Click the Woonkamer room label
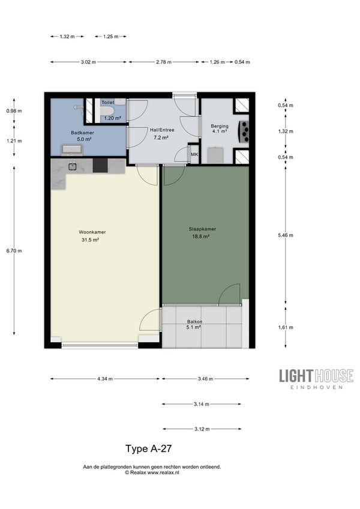92,232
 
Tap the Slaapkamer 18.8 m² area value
200,236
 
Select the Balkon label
194,322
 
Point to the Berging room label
220,126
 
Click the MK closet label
194,154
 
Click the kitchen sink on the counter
72,166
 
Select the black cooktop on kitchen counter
100,166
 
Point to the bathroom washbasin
72,149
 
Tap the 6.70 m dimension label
14,251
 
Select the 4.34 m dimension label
105,379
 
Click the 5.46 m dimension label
286,235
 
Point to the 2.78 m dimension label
164,62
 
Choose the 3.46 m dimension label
205,379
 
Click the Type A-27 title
149,448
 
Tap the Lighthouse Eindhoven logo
316,379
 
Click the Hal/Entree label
162,130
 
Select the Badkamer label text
82,133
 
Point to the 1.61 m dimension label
286,328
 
